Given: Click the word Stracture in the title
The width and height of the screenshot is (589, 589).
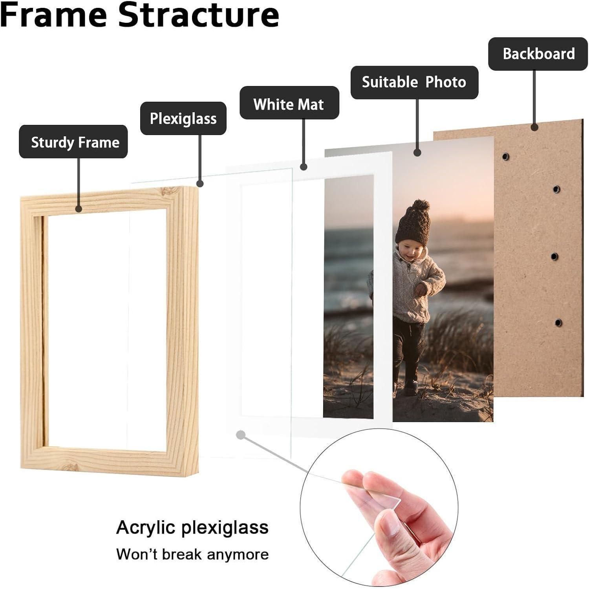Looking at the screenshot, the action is point(199,15).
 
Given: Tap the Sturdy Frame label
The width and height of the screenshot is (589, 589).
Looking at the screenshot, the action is point(73,142).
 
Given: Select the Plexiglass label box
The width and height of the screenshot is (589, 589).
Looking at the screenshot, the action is point(183,118).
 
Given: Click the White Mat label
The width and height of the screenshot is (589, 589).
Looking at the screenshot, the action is point(289,103).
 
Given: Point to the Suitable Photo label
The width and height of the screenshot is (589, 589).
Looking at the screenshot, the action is point(414,82).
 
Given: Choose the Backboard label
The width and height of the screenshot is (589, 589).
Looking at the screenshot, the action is point(538,54).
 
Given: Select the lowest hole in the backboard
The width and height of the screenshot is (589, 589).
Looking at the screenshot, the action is point(558,323).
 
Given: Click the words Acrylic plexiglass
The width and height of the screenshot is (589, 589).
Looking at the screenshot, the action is point(192,527).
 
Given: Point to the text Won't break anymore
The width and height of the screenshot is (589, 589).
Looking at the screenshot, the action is point(192,554).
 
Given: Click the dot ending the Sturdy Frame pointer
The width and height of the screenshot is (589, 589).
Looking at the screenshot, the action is point(79,209).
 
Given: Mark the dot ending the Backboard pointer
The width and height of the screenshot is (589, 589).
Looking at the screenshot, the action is point(534,127).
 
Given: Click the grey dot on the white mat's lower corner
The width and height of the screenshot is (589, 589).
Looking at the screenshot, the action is point(241,435).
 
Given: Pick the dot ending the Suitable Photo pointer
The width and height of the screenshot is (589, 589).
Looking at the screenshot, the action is point(417,153).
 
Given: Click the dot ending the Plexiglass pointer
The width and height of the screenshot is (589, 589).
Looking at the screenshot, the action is point(200,183).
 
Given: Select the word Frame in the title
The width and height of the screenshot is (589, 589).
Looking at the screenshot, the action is point(54,15).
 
